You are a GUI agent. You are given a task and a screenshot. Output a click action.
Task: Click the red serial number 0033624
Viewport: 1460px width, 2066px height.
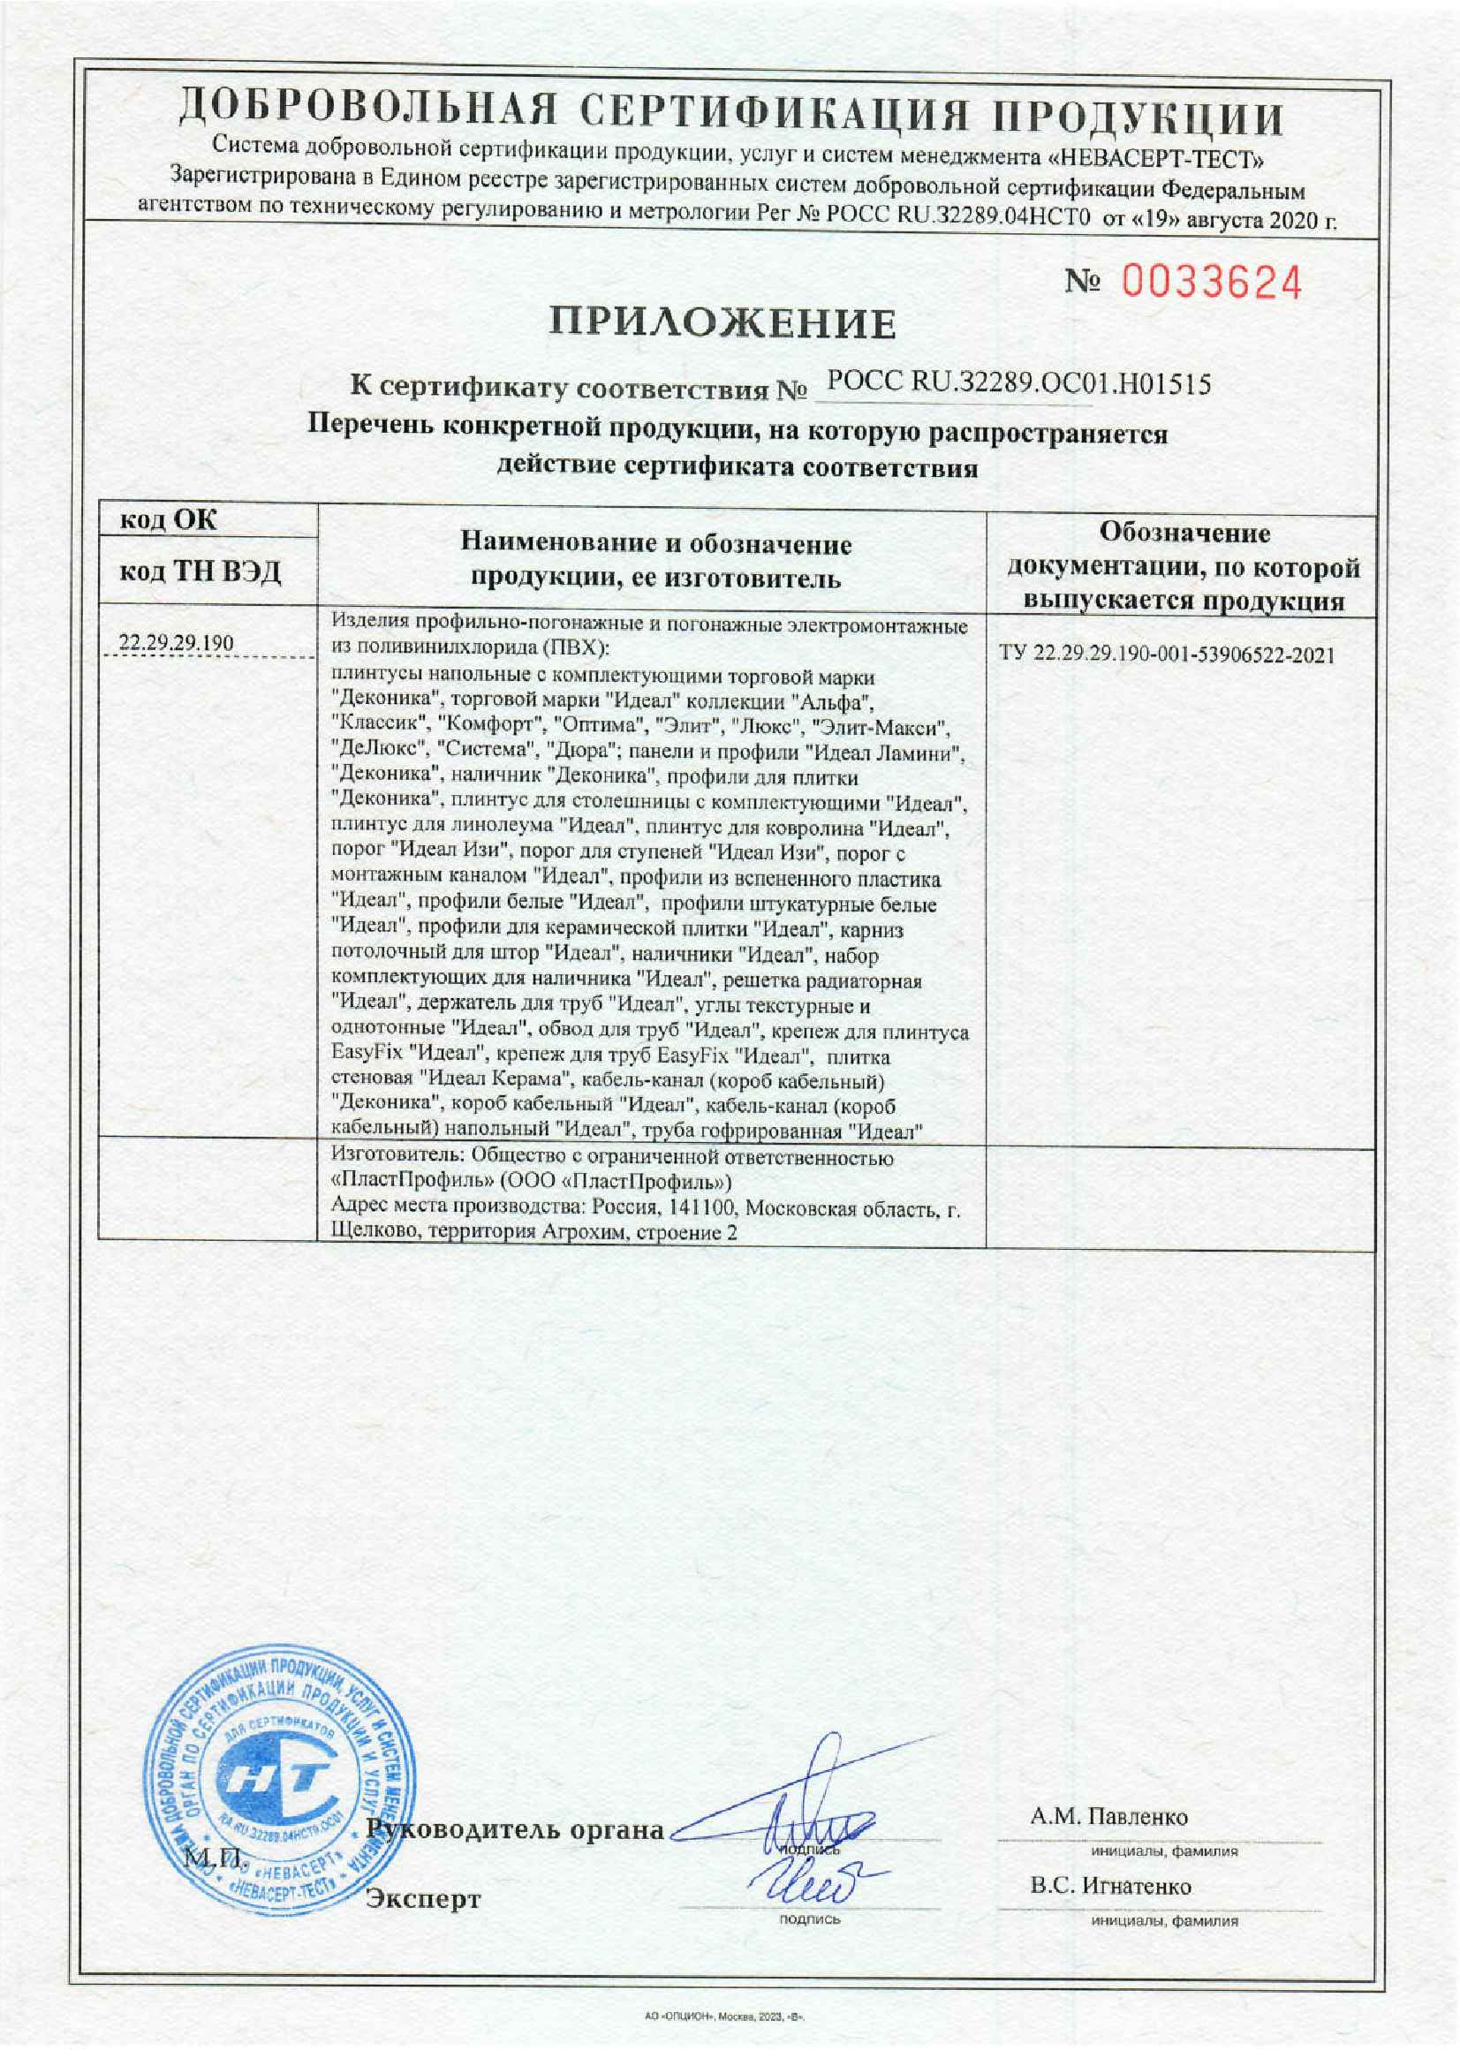[x=1211, y=284]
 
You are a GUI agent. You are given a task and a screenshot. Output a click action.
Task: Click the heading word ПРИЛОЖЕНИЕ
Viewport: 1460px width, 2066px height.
[x=723, y=323]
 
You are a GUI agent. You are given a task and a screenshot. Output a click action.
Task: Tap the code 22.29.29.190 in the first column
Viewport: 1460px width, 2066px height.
[x=177, y=643]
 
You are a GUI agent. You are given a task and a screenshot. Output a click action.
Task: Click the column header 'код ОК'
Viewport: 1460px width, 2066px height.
[x=168, y=520]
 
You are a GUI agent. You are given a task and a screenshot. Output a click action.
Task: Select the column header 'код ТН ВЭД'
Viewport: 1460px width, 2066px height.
[x=200, y=571]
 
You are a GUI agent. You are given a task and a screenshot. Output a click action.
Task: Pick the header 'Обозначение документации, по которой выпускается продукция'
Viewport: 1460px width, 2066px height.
[x=1182, y=567]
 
